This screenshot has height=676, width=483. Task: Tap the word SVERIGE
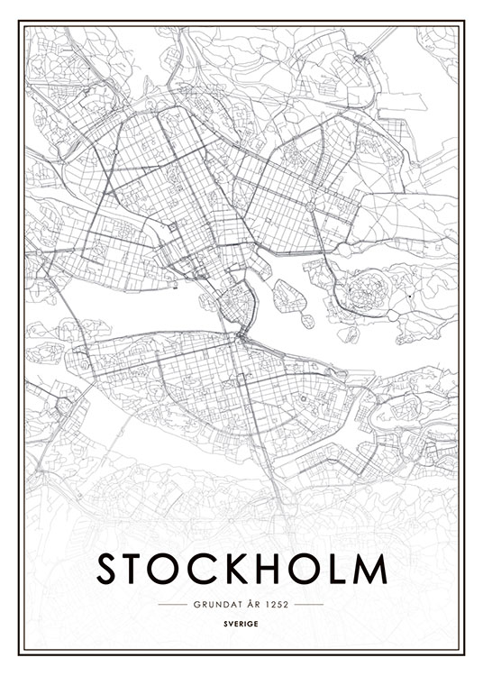click(241, 622)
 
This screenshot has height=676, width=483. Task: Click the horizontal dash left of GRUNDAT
click(171, 604)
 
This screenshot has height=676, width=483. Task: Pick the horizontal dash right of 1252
click(309, 604)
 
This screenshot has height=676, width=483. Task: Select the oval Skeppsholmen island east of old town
click(286, 294)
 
